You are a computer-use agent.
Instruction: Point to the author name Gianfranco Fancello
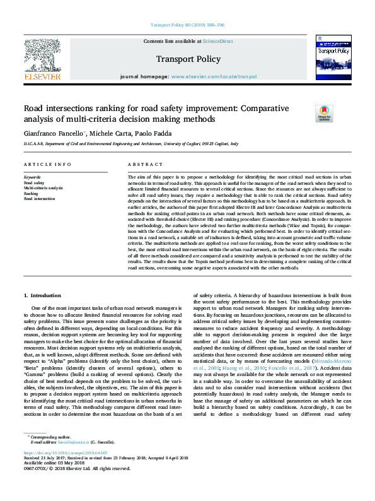57,134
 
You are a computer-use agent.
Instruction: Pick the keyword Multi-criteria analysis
43,189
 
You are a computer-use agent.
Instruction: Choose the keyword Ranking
32,194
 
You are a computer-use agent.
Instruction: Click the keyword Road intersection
39,199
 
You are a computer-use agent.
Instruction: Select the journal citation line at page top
188,25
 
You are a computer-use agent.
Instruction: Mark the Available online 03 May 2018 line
49,481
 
